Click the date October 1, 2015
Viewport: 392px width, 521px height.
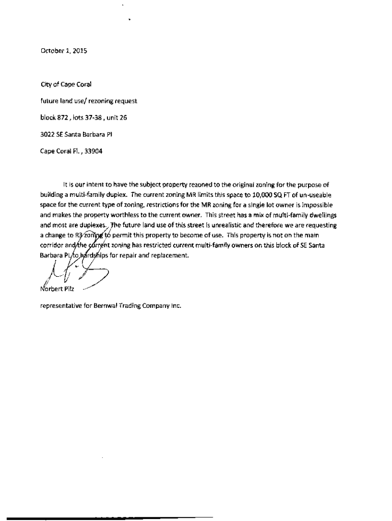(x=60, y=51)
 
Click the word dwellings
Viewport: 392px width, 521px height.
(x=320, y=216)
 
